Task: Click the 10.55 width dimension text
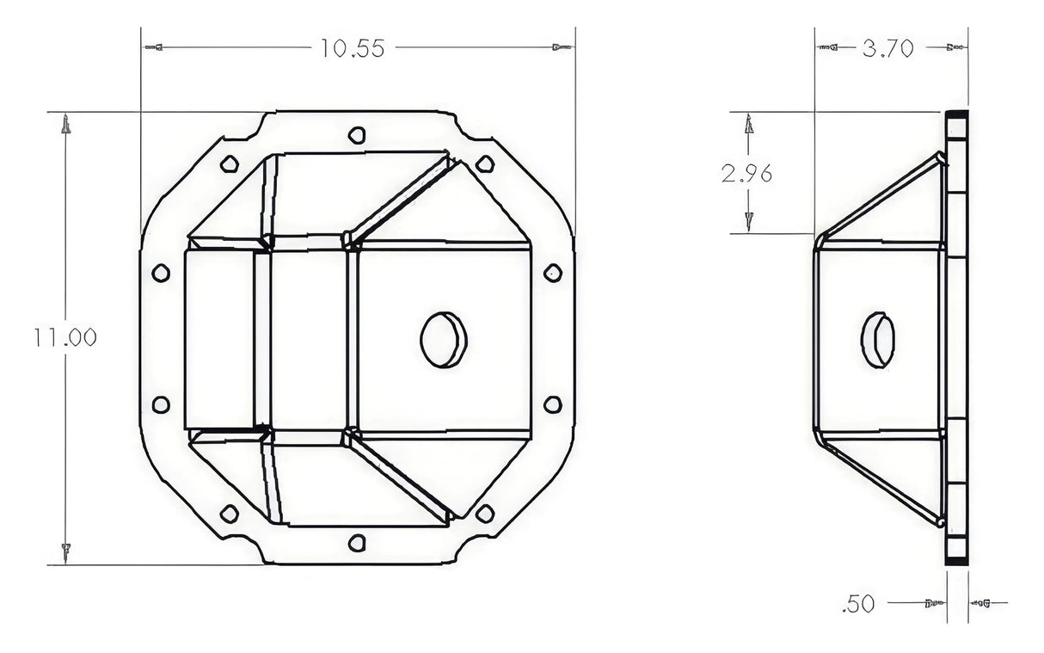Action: pyautogui.click(x=353, y=48)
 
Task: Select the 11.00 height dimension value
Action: pyautogui.click(x=64, y=337)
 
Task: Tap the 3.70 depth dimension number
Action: pyautogui.click(x=887, y=49)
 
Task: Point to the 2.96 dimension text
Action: pyautogui.click(x=746, y=174)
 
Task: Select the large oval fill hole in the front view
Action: pyautogui.click(x=443, y=338)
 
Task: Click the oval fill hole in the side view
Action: pyautogui.click(x=877, y=339)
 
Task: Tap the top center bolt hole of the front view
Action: pyautogui.click(x=357, y=135)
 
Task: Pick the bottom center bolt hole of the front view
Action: pyautogui.click(x=357, y=543)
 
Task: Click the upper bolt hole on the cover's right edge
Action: pyautogui.click(x=553, y=273)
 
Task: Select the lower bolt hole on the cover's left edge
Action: pyautogui.click(x=160, y=404)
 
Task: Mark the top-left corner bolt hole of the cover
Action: pyautogui.click(x=229, y=163)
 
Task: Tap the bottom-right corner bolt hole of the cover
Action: pyautogui.click(x=485, y=514)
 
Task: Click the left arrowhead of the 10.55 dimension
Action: pyautogui.click(x=154, y=46)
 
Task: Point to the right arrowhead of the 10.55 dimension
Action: pyautogui.click(x=562, y=46)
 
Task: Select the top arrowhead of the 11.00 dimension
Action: pyautogui.click(x=65, y=126)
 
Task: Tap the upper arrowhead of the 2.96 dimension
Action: pyautogui.click(x=749, y=125)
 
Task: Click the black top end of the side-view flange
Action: pyautogui.click(x=956, y=116)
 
